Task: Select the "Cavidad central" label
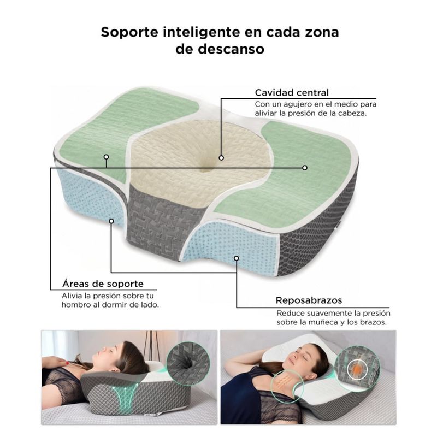click(292, 92)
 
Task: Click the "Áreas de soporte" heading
click(103, 284)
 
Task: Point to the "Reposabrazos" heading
click(309, 300)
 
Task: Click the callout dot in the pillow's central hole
click(221, 158)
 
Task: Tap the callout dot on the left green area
click(106, 157)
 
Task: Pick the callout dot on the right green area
click(305, 168)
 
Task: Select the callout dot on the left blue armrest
click(111, 221)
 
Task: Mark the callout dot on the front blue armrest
click(237, 258)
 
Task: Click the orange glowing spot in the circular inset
click(357, 369)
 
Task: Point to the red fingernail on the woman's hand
click(67, 363)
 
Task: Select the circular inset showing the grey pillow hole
click(188, 363)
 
